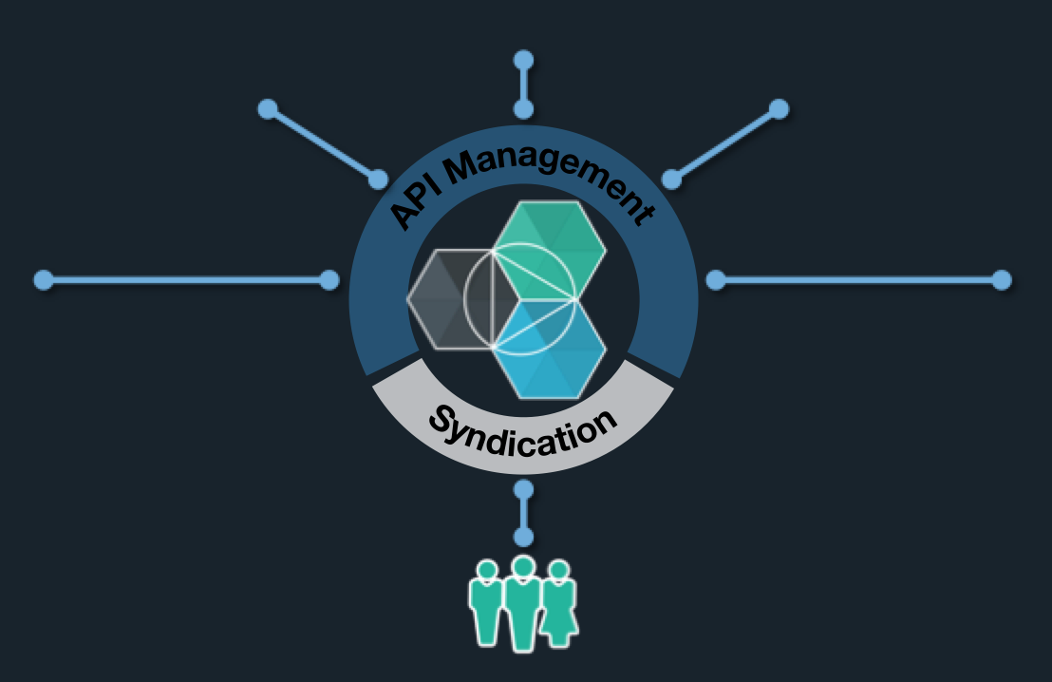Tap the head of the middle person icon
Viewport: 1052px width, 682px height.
click(x=522, y=567)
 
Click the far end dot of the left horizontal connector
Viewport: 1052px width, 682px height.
click(x=43, y=280)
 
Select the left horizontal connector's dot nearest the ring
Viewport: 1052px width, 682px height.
click(x=329, y=280)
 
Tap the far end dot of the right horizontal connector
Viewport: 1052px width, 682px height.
click(x=1001, y=280)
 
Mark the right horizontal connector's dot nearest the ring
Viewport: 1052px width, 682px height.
click(x=716, y=280)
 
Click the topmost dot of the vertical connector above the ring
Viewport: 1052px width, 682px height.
click(x=523, y=61)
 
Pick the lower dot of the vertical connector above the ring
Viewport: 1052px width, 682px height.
click(x=523, y=109)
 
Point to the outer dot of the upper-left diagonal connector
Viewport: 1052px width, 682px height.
click(x=268, y=109)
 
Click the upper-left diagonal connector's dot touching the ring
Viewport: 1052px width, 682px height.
click(x=378, y=179)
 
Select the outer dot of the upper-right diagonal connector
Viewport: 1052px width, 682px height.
click(x=779, y=108)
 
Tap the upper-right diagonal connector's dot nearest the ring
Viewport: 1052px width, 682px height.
click(x=671, y=179)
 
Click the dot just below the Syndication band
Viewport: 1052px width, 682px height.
click(x=523, y=490)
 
